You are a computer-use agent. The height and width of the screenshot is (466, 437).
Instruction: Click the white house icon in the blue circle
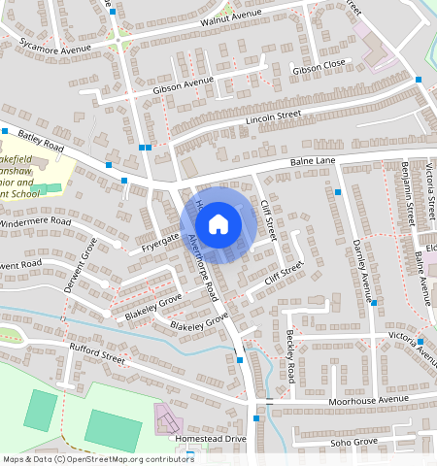[219, 224]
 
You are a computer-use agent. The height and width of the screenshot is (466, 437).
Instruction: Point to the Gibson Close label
[319, 65]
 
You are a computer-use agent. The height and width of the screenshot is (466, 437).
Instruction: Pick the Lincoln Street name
[275, 116]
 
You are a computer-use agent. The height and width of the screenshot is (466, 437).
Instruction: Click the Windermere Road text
[36, 222]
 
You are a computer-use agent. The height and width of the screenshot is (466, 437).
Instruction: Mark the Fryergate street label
[160, 238]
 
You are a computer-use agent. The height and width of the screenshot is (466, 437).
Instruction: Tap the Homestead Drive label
[210, 439]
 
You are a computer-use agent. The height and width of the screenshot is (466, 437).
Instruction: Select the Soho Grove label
[352, 442]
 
